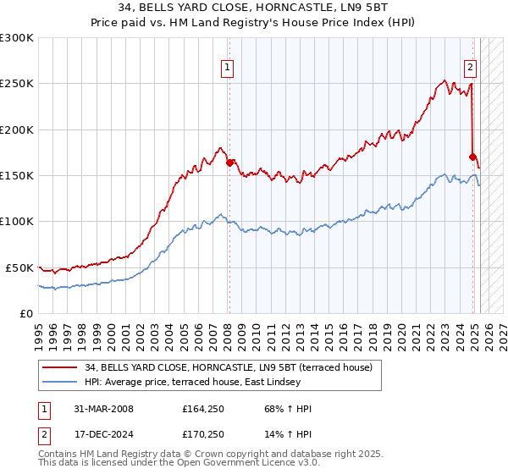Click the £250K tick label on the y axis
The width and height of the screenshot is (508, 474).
[17, 84]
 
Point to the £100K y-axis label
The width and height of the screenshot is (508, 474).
[17, 221]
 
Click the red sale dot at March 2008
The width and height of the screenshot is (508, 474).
[229, 163]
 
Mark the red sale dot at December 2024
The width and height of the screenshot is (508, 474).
[472, 157]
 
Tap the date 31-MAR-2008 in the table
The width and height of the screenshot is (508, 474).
[104, 409]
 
